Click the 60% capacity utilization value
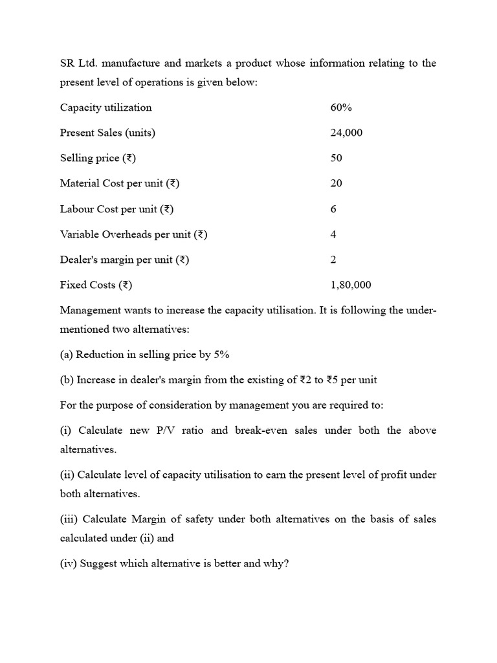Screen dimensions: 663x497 click(x=340, y=107)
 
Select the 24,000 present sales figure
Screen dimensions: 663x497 click(x=346, y=133)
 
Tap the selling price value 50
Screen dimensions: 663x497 click(x=336, y=158)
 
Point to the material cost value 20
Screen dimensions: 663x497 click(x=336, y=183)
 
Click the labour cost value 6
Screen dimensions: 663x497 click(x=333, y=209)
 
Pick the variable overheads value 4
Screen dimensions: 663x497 click(x=333, y=234)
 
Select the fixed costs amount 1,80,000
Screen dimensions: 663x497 click(x=350, y=285)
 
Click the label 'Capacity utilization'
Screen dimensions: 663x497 click(x=105, y=107)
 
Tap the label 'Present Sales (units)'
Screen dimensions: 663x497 click(x=107, y=133)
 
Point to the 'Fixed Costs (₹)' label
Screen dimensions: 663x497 click(x=96, y=285)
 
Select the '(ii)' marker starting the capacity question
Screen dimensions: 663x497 click(x=67, y=475)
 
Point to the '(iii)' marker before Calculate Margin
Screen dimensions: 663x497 click(x=69, y=519)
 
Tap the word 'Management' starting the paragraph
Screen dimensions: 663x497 click(x=88, y=310)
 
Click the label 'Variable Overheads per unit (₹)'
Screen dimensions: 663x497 click(x=133, y=234)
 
